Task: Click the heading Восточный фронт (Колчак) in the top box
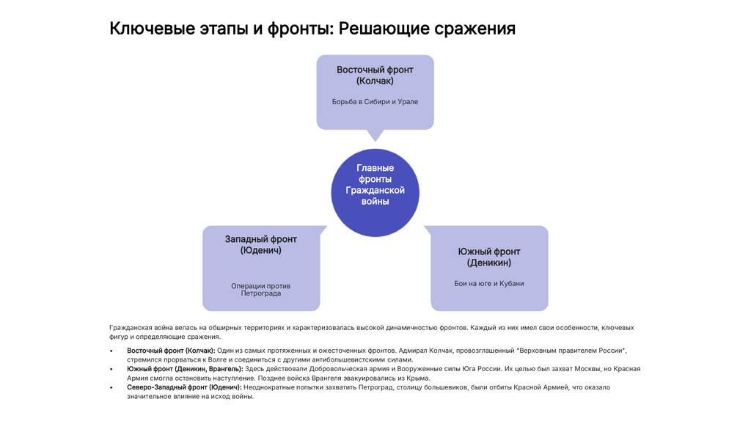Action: pos(375,75)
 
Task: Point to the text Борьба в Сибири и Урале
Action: pos(375,101)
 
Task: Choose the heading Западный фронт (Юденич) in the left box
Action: pos(260,244)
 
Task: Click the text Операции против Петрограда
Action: pos(260,289)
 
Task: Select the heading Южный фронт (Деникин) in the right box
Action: pos(489,257)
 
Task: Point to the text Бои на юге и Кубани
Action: pos(489,283)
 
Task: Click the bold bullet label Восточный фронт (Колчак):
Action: pos(171,351)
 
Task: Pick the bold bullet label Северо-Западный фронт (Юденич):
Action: pos(184,387)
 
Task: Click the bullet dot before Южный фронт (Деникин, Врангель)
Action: pos(111,369)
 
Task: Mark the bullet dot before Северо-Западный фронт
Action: pos(111,387)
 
